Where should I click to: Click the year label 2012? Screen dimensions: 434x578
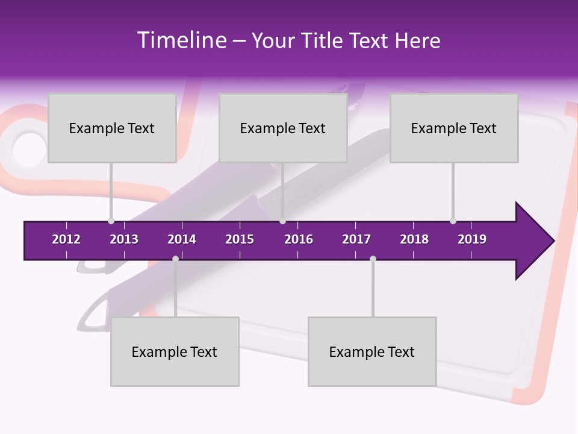66,239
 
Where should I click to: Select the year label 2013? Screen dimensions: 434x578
124,239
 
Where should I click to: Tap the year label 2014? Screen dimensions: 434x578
182,239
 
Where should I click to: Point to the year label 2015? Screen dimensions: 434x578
240,239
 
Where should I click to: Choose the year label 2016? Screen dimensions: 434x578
299,239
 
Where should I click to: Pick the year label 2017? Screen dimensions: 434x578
356,239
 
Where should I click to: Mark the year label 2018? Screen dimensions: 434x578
414,239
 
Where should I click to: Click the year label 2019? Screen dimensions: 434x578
472,239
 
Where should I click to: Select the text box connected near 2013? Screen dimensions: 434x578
112,128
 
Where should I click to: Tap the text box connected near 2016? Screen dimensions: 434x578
283,128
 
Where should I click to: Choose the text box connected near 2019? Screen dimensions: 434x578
454,128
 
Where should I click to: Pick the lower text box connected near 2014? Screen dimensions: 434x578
175,351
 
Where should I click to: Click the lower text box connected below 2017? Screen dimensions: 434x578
372,351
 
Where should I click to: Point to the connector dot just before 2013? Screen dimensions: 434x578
111,221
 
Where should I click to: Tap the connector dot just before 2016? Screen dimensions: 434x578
282,221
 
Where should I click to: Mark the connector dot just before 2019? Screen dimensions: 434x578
453,221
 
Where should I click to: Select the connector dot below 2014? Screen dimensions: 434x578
175,259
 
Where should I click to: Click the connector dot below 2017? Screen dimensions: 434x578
373,259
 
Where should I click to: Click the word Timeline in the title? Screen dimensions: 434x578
180,40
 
